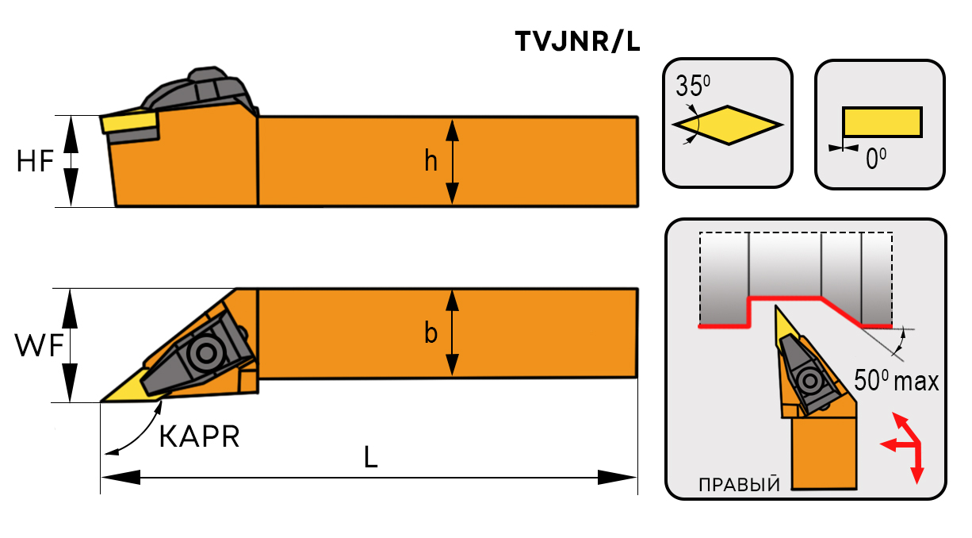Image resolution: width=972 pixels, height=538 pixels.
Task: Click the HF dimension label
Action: click(35, 161)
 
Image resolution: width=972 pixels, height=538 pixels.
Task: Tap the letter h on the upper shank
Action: click(431, 161)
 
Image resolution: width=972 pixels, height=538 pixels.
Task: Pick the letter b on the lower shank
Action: click(431, 333)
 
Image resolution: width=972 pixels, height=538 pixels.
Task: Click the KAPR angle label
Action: click(199, 436)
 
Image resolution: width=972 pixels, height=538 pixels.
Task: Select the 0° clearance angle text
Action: click(875, 160)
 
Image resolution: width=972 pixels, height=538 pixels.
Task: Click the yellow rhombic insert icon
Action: click(728, 125)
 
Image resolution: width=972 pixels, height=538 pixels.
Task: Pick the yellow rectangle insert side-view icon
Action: click(882, 121)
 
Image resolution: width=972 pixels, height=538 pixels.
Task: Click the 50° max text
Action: click(896, 381)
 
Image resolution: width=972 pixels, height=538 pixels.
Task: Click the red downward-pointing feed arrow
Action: click(918, 473)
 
